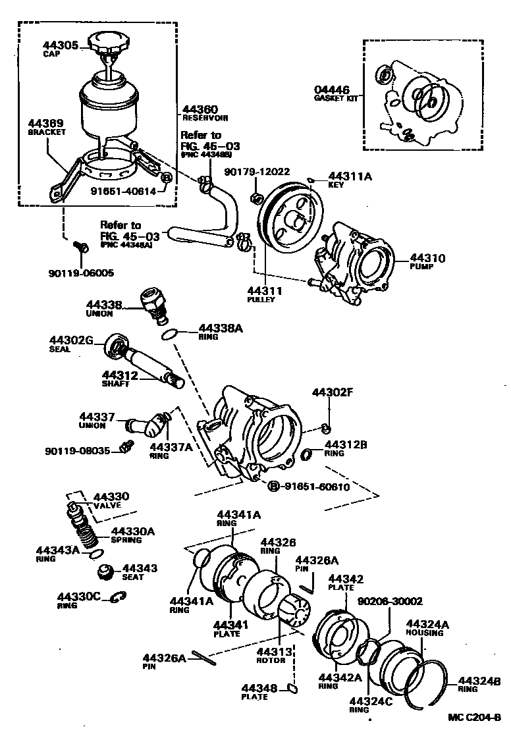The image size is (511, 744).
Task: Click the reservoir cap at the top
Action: coord(109,45)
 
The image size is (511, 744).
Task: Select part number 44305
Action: coord(61,45)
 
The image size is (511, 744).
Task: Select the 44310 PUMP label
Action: coord(427,262)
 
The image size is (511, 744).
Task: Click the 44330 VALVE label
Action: coord(111,500)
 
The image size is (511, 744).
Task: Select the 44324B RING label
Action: coord(479,685)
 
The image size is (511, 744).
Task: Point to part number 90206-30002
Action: coord(390,601)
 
